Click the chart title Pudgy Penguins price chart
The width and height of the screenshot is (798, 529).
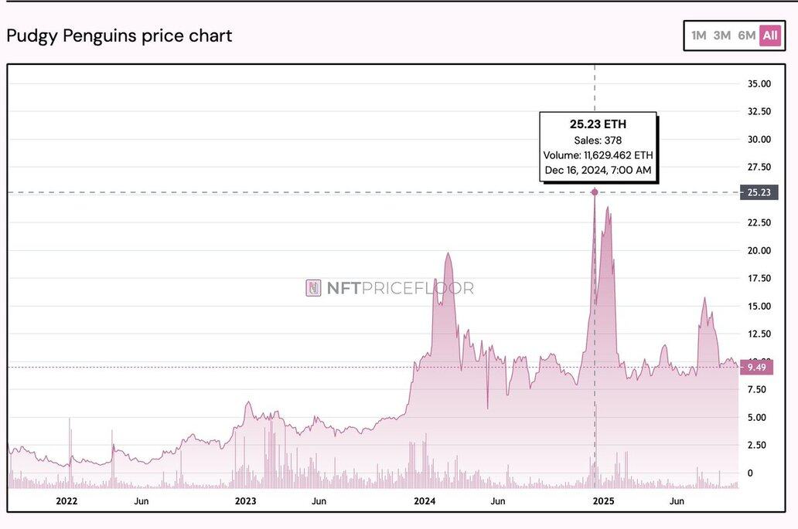tap(119, 36)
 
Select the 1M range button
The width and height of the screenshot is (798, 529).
tap(699, 36)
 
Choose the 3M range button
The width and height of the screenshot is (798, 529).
tap(722, 36)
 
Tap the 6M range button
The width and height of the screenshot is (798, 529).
tap(746, 36)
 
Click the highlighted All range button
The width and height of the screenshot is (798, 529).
tap(770, 36)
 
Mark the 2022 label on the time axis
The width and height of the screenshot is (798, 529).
tap(67, 501)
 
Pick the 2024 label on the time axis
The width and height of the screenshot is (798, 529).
tap(425, 501)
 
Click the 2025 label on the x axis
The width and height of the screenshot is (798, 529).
tap(603, 501)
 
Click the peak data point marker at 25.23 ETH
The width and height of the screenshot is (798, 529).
tap(595, 192)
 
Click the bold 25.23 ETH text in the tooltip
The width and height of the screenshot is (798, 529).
tap(598, 124)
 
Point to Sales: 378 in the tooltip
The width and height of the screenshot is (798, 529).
tap(598, 140)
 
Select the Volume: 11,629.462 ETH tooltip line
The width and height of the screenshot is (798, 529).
tap(598, 155)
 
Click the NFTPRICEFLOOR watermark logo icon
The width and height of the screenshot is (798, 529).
tap(313, 288)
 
